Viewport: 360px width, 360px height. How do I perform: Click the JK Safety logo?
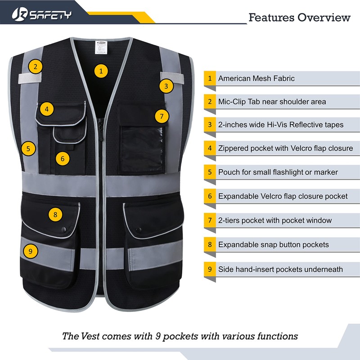click(42, 14)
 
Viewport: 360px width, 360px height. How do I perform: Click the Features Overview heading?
click(299, 18)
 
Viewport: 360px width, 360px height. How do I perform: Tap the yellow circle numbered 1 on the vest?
click(101, 71)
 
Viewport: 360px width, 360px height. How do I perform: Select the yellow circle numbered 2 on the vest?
click(36, 67)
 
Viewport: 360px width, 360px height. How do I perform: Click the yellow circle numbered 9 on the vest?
click(30, 251)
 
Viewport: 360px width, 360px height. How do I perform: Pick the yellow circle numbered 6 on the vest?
click(63, 158)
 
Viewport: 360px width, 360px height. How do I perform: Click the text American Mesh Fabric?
click(256, 78)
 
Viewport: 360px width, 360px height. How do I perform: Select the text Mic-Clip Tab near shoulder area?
click(272, 102)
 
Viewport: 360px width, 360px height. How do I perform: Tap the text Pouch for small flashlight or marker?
click(278, 172)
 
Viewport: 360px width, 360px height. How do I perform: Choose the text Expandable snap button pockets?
click(273, 245)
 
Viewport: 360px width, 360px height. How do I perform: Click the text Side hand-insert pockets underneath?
click(280, 269)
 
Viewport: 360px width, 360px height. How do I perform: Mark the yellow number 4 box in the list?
click(210, 148)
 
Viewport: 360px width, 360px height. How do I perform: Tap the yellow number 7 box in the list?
click(210, 220)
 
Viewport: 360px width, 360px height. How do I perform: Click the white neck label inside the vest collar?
click(99, 47)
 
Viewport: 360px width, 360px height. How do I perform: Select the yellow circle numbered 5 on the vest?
click(28, 148)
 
